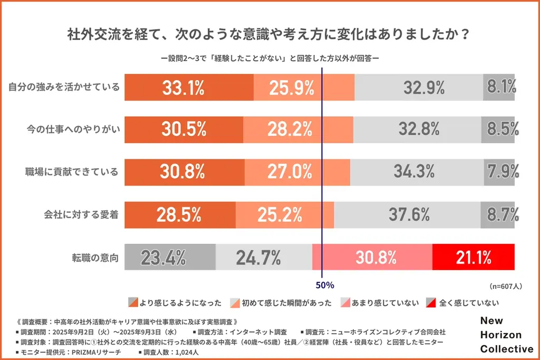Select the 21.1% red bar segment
(473, 257)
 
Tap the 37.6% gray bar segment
(407, 215)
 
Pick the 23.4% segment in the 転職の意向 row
(169, 257)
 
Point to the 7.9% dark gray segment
(499, 172)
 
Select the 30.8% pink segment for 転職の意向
(372, 257)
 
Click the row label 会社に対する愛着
(81, 215)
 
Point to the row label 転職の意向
(95, 258)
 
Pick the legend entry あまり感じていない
(380, 303)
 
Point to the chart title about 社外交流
(269, 35)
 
